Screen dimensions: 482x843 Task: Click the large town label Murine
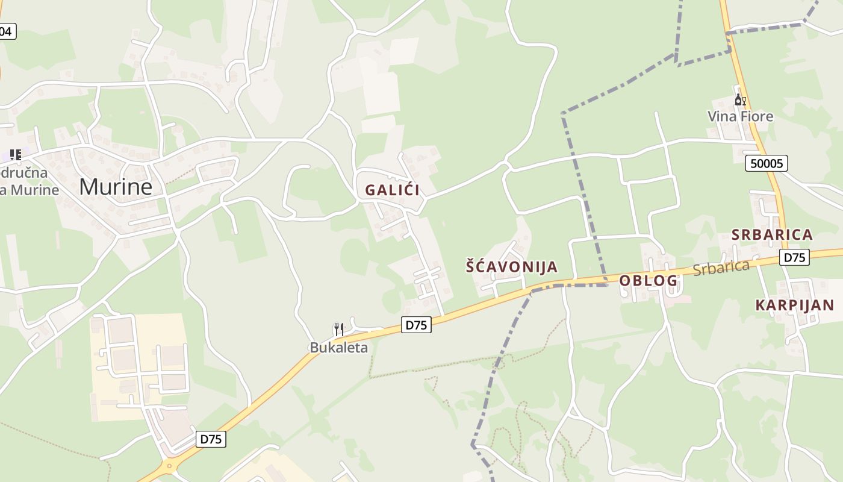pos(116,187)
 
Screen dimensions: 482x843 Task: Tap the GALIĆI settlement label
pos(392,190)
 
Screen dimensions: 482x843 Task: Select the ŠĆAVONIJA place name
pos(512,266)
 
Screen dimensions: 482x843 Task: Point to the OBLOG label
pos(649,280)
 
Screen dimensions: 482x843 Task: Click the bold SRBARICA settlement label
pos(772,234)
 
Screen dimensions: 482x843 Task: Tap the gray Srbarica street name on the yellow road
pos(721,268)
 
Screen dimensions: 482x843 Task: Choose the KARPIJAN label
pos(795,305)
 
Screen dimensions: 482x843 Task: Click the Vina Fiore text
pos(740,116)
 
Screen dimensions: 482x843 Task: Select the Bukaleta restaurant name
pos(338,347)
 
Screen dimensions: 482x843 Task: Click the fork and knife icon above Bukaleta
pos(338,329)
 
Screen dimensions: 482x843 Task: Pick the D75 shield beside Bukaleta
pos(416,325)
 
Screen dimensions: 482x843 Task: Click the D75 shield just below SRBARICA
pos(795,257)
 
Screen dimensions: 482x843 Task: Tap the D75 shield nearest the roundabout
pos(211,439)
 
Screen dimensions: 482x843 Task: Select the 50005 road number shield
pos(766,163)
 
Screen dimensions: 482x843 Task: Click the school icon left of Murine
pos(16,155)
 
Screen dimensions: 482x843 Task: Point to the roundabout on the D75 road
pos(169,465)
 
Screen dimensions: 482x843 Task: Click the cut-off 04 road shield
pos(7,31)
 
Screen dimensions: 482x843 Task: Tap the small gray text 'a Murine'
pos(30,190)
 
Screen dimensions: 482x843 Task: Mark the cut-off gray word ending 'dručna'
pos(24,173)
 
